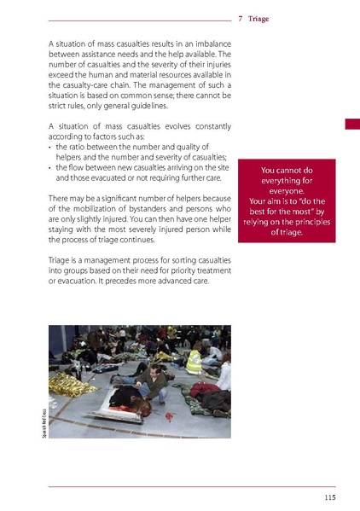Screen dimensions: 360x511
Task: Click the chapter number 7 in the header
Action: (x=241, y=17)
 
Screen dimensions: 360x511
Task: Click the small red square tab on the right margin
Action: (x=351, y=125)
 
